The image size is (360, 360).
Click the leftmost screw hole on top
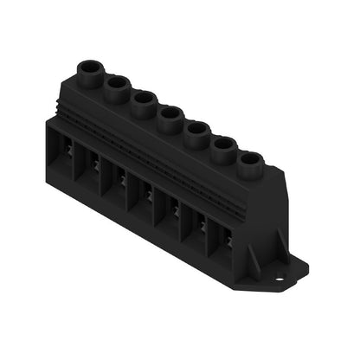tap(90, 67)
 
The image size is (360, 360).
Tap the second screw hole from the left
tap(117, 83)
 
